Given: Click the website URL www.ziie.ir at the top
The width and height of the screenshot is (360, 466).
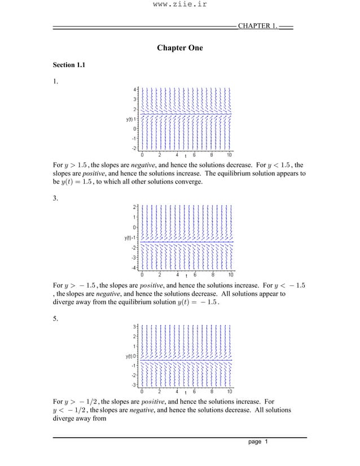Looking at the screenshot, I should tap(179, 5).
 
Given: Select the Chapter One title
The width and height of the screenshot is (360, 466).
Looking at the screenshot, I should tap(179, 48).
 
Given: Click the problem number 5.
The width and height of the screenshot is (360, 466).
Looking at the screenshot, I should tap(55, 317).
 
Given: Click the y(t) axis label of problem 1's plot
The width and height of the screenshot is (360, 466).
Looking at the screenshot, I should tap(130, 119).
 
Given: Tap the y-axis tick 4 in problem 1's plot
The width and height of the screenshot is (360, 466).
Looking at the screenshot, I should tap(135, 89).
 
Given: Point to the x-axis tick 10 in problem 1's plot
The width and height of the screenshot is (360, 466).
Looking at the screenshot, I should tap(229, 154).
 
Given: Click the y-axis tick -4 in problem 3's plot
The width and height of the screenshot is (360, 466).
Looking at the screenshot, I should tap(134, 267).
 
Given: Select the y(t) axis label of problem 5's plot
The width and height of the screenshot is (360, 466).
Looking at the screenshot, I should tap(130, 356).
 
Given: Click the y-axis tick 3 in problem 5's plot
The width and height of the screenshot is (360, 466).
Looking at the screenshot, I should tap(135, 327).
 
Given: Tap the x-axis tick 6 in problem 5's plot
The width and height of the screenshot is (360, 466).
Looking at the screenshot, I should tap(195, 391).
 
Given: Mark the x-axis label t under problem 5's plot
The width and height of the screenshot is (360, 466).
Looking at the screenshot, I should tap(186, 392).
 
